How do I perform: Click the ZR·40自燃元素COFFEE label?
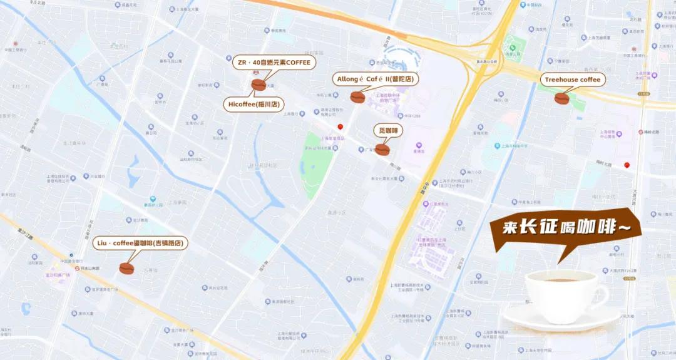tap(273, 63)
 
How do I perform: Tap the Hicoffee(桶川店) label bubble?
tap(253, 104)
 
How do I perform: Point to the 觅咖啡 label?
tap(388, 130)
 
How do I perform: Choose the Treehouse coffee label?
tap(572, 80)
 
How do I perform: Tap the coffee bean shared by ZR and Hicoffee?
tap(259, 85)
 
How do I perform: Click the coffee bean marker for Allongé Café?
tap(357, 97)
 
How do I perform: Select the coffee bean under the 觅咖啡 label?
tap(382, 150)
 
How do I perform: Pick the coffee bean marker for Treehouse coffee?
tap(561, 98)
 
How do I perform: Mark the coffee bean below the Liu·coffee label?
tap(126, 269)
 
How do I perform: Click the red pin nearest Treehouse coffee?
tap(627, 165)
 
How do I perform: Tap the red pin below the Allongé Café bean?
tap(340, 126)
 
